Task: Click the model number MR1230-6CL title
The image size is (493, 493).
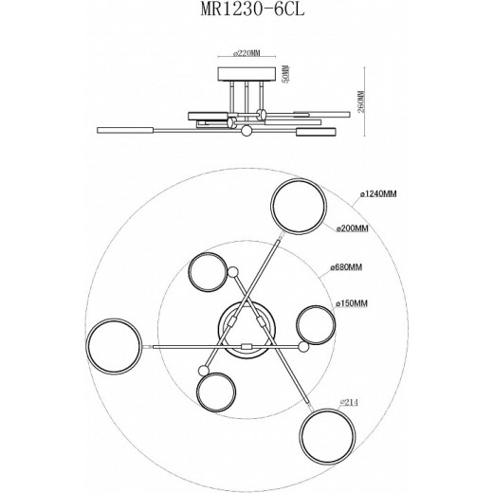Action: [245, 14]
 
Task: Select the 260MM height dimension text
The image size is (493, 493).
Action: [361, 95]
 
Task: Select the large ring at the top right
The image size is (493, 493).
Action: [299, 210]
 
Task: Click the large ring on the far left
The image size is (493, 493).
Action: [114, 347]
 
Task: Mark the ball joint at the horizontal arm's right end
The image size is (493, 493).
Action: [303, 348]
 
